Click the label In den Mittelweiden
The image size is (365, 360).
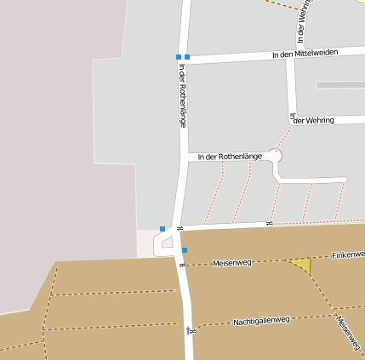(x=305, y=53)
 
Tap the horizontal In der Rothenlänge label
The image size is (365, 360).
(x=229, y=157)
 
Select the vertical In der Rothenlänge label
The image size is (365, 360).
(x=182, y=98)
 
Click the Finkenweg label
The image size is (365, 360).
(x=347, y=254)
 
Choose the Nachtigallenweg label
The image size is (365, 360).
(x=261, y=321)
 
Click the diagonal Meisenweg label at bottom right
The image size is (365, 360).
(x=348, y=334)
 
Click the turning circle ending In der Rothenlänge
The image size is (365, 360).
(x=274, y=156)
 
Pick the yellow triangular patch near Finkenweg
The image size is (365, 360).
(x=302, y=265)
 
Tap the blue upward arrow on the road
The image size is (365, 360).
(x=188, y=329)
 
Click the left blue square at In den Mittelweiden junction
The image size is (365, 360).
(x=179, y=57)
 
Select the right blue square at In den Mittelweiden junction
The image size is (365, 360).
(x=187, y=57)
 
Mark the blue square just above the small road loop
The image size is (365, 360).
(x=163, y=229)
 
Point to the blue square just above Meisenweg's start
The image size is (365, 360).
(x=184, y=250)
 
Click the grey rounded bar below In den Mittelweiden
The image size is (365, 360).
(x=339, y=85)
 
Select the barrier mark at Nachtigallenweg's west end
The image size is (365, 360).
(x=194, y=328)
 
